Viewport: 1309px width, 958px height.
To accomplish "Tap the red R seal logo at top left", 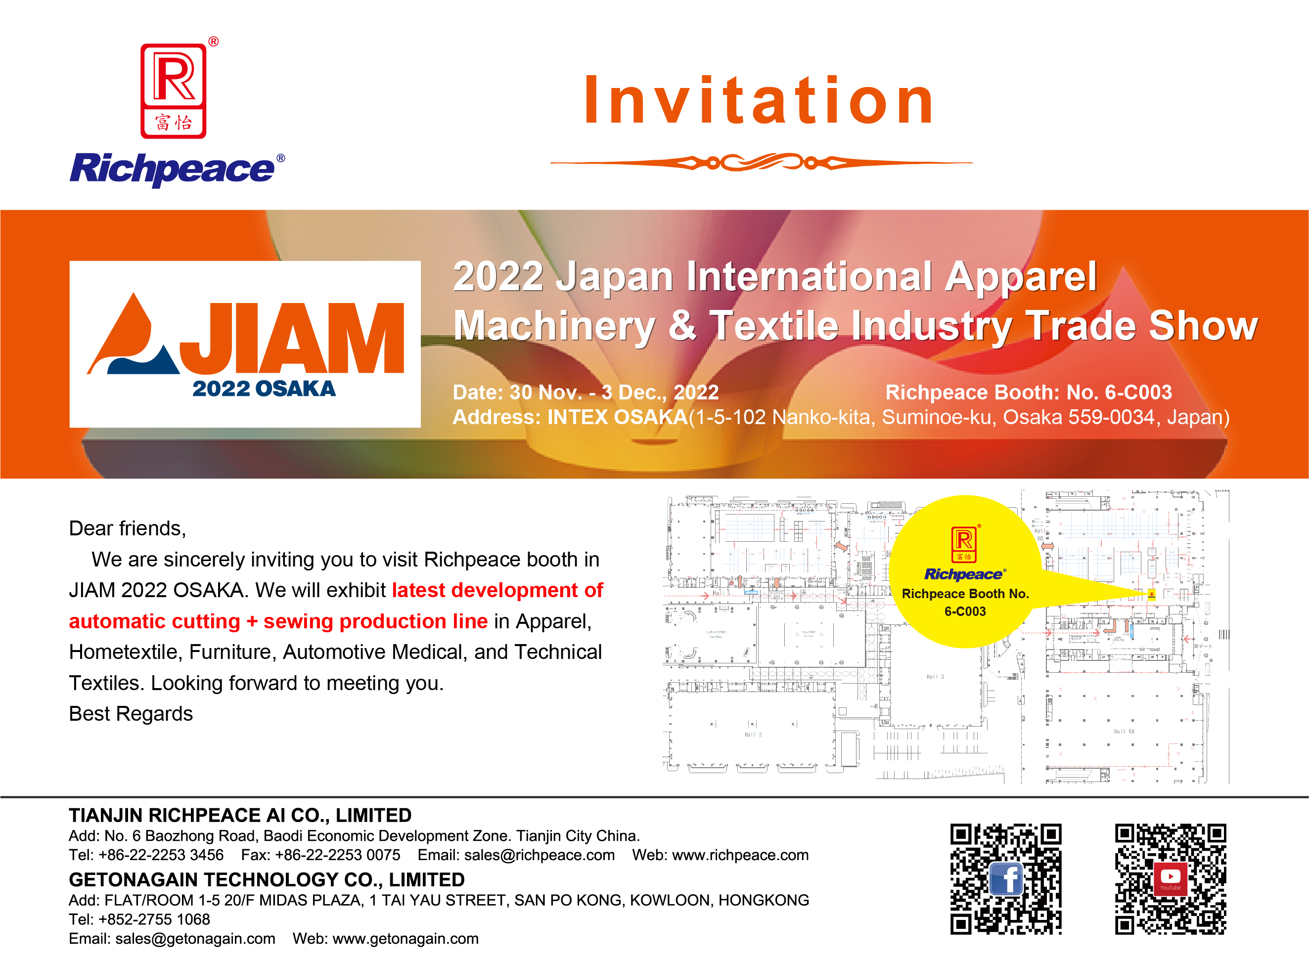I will pos(174,91).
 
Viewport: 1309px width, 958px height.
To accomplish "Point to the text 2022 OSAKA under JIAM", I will pos(264,389).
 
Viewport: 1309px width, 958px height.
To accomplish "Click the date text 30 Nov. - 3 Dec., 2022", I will pos(614,392).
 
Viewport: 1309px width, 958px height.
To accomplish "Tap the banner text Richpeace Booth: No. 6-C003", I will pos(1028,392).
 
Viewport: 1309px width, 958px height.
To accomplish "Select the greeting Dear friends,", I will pos(128,528).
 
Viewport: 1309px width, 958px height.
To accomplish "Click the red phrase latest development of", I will pos(497,590).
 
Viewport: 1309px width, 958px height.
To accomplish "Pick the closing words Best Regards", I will pos(131,714).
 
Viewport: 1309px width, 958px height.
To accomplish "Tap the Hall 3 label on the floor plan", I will pos(935,677).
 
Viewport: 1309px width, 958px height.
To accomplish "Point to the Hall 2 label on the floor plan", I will pos(753,735).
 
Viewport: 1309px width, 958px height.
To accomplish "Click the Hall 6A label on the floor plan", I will pos(1124,731).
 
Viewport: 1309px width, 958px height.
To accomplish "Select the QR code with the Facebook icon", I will pos(1006,878).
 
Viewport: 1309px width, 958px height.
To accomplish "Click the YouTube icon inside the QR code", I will pos(1171,878).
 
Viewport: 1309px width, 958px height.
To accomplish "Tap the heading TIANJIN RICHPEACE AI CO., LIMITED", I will pos(240,815).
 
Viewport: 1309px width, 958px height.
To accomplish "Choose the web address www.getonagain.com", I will pos(406,939).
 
